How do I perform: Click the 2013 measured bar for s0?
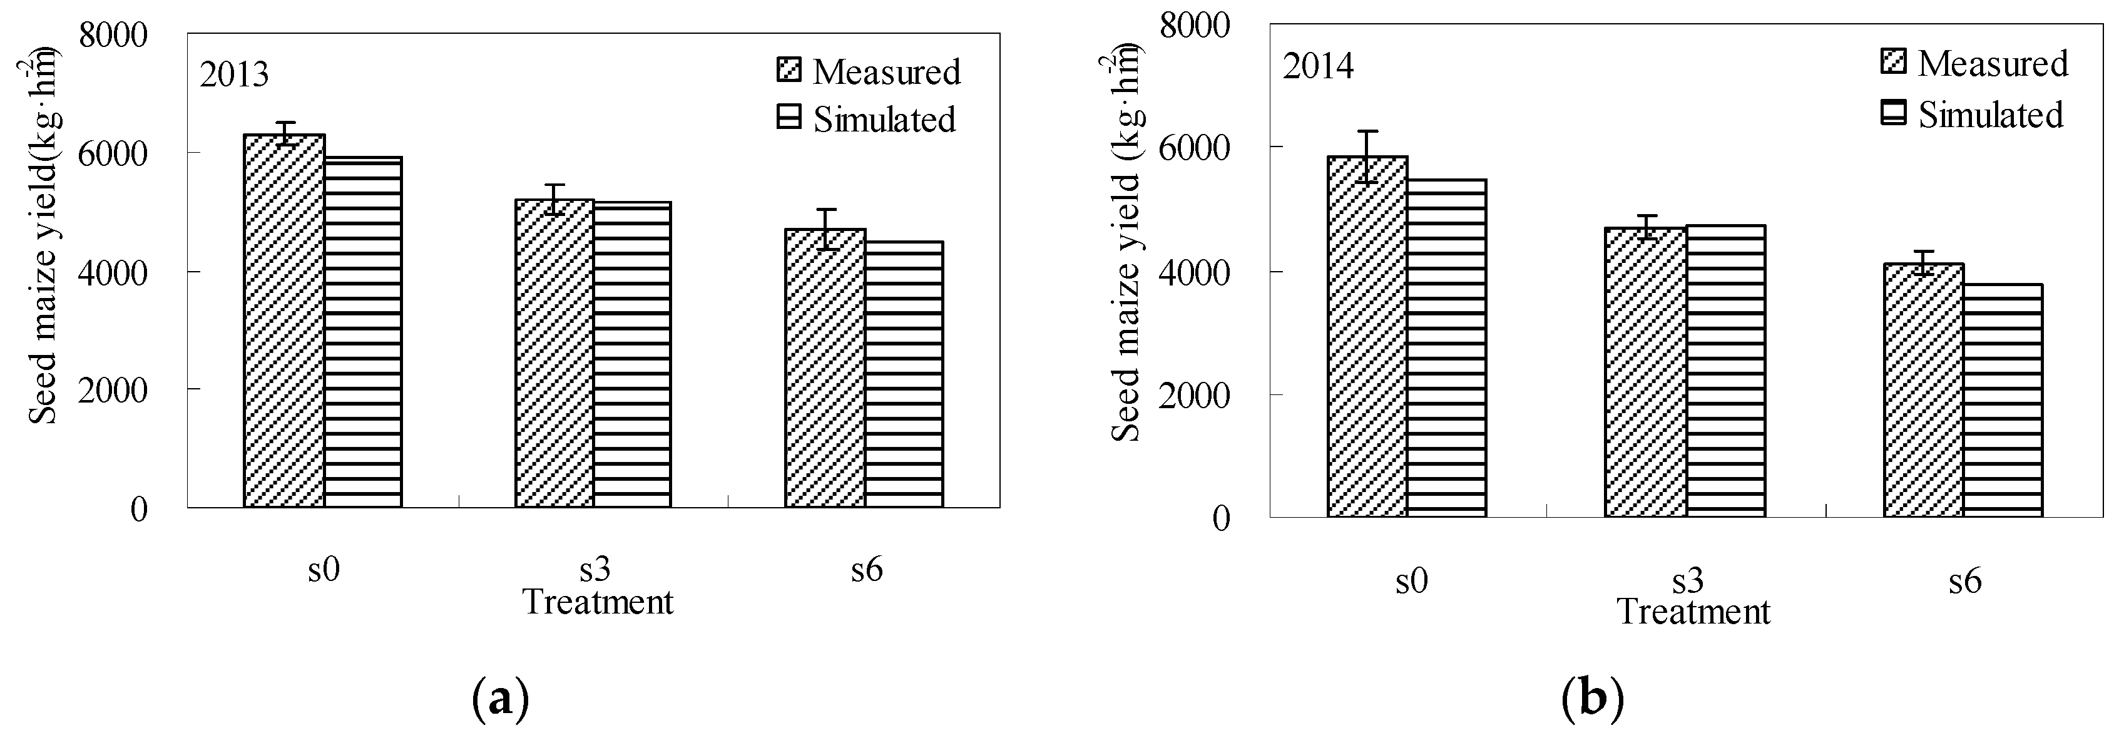click(283, 321)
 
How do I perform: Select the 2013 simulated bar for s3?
click(631, 354)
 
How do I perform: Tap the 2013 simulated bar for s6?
click(903, 374)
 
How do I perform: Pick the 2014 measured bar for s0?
click(1366, 337)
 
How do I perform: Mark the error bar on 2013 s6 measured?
click(826, 229)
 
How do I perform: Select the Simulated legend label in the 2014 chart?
click(1991, 115)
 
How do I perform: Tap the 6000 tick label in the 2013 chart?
click(113, 153)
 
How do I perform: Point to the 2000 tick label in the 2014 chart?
click(1195, 395)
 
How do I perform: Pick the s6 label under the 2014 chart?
click(1964, 581)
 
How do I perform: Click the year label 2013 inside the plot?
click(235, 75)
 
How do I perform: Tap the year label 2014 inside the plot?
click(1318, 66)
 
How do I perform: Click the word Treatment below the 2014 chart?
click(1693, 612)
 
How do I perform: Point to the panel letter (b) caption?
click(1591, 699)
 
